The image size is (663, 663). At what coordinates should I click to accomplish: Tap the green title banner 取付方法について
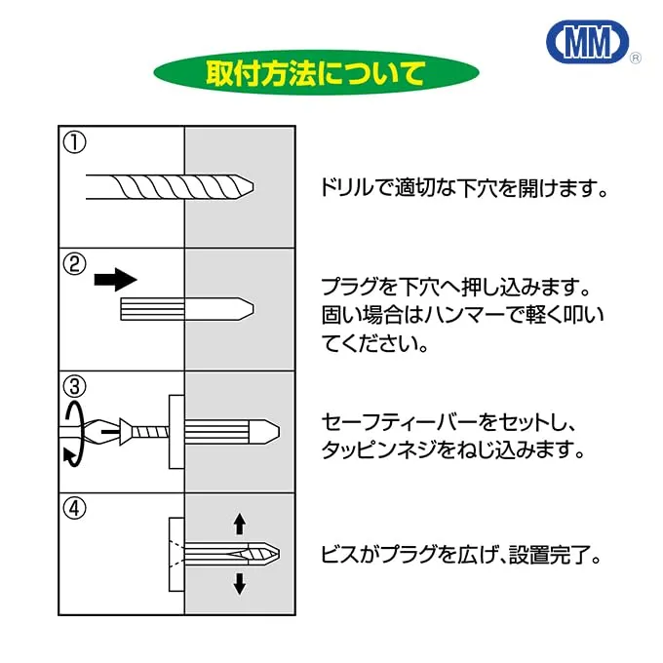pyautogui.click(x=316, y=73)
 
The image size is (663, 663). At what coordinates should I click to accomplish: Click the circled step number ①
pyautogui.click(x=75, y=142)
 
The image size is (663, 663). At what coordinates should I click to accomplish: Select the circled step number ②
pyautogui.click(x=75, y=264)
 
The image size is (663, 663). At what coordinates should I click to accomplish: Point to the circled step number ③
pyautogui.click(x=75, y=386)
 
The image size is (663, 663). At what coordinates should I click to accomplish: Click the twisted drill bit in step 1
pyautogui.click(x=171, y=184)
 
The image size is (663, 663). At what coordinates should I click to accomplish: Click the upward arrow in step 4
pyautogui.click(x=239, y=525)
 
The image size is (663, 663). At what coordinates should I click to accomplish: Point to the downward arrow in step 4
pyautogui.click(x=239, y=583)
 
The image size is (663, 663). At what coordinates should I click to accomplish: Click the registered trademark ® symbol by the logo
pyautogui.click(x=636, y=59)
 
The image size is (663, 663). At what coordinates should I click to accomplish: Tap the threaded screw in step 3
pyautogui.click(x=146, y=429)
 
